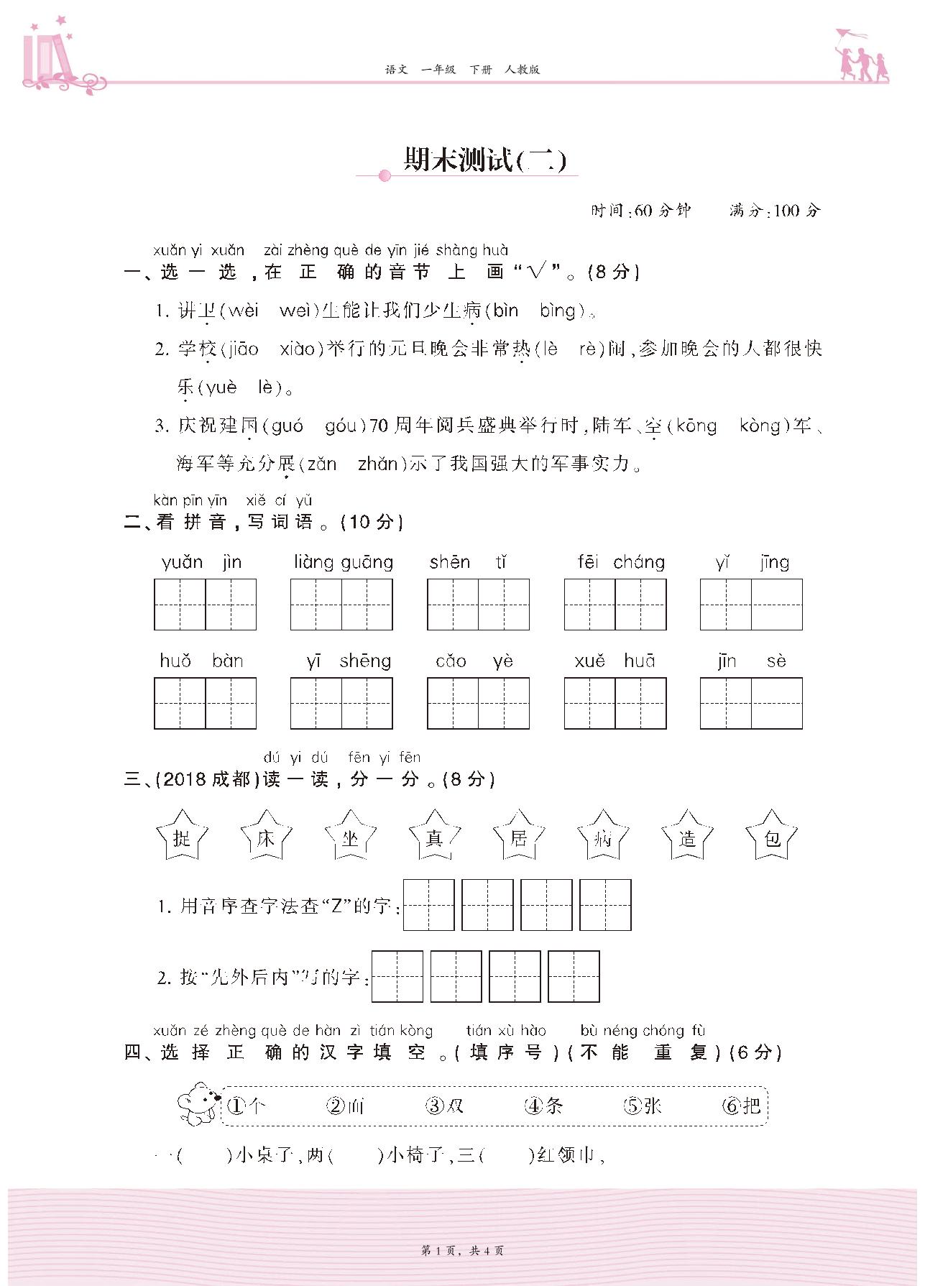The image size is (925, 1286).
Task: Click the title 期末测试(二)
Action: pyautogui.click(x=484, y=160)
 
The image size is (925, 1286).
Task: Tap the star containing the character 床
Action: pyautogui.click(x=266, y=837)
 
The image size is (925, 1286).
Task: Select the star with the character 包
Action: pyautogui.click(x=772, y=837)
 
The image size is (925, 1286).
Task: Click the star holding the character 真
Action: pyautogui.click(x=434, y=837)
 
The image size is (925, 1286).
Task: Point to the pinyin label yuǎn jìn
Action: pyautogui.click(x=202, y=562)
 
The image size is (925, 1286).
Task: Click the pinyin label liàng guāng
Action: pyautogui.click(x=344, y=562)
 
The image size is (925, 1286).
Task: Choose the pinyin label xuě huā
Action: pyautogui.click(x=615, y=661)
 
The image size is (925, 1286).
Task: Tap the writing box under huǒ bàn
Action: pyautogui.click(x=205, y=703)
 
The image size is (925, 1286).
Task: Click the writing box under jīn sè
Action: pyautogui.click(x=751, y=703)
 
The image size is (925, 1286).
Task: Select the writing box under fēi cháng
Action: pyautogui.click(x=615, y=604)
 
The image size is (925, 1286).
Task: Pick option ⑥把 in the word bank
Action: pyautogui.click(x=742, y=1105)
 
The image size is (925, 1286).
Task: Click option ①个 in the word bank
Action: pyautogui.click(x=246, y=1105)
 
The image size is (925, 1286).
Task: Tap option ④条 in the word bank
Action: pyautogui.click(x=544, y=1105)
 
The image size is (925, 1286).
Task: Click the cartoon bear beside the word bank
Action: pyautogui.click(x=197, y=1103)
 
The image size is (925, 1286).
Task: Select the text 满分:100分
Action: pyautogui.click(x=774, y=211)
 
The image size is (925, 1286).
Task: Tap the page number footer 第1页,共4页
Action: pyautogui.click(x=462, y=1251)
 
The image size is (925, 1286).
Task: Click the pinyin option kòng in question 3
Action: pyautogui.click(x=760, y=426)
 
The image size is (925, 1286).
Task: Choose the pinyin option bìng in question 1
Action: pyautogui.click(x=558, y=311)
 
